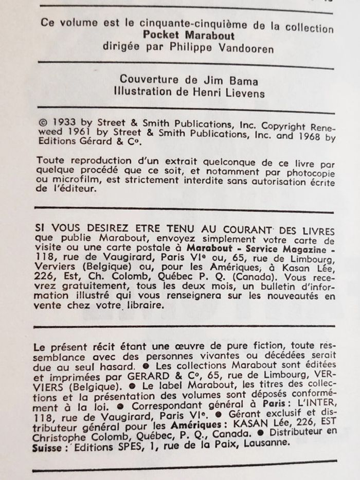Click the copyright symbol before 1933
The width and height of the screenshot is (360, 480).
[43, 124]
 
